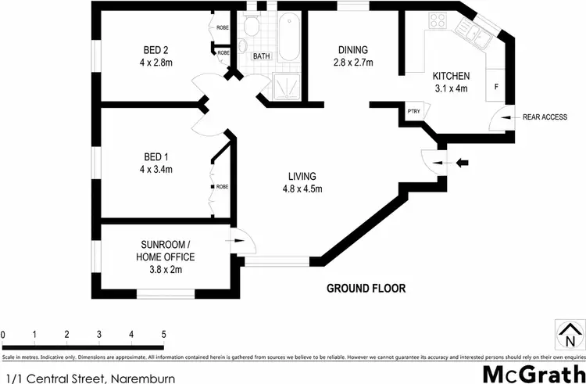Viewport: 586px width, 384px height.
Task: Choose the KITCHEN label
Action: [451, 76]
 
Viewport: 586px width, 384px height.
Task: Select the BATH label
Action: [261, 56]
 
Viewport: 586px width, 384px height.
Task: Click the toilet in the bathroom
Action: [251, 28]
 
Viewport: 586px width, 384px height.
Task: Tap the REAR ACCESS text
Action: [545, 117]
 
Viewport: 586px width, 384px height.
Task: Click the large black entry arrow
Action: [463, 163]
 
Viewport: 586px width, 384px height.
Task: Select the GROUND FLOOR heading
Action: [366, 288]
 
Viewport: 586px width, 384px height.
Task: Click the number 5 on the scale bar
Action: [163, 335]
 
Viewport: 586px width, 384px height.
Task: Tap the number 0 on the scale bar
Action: [3, 335]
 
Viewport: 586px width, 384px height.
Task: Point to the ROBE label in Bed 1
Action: [222, 187]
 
